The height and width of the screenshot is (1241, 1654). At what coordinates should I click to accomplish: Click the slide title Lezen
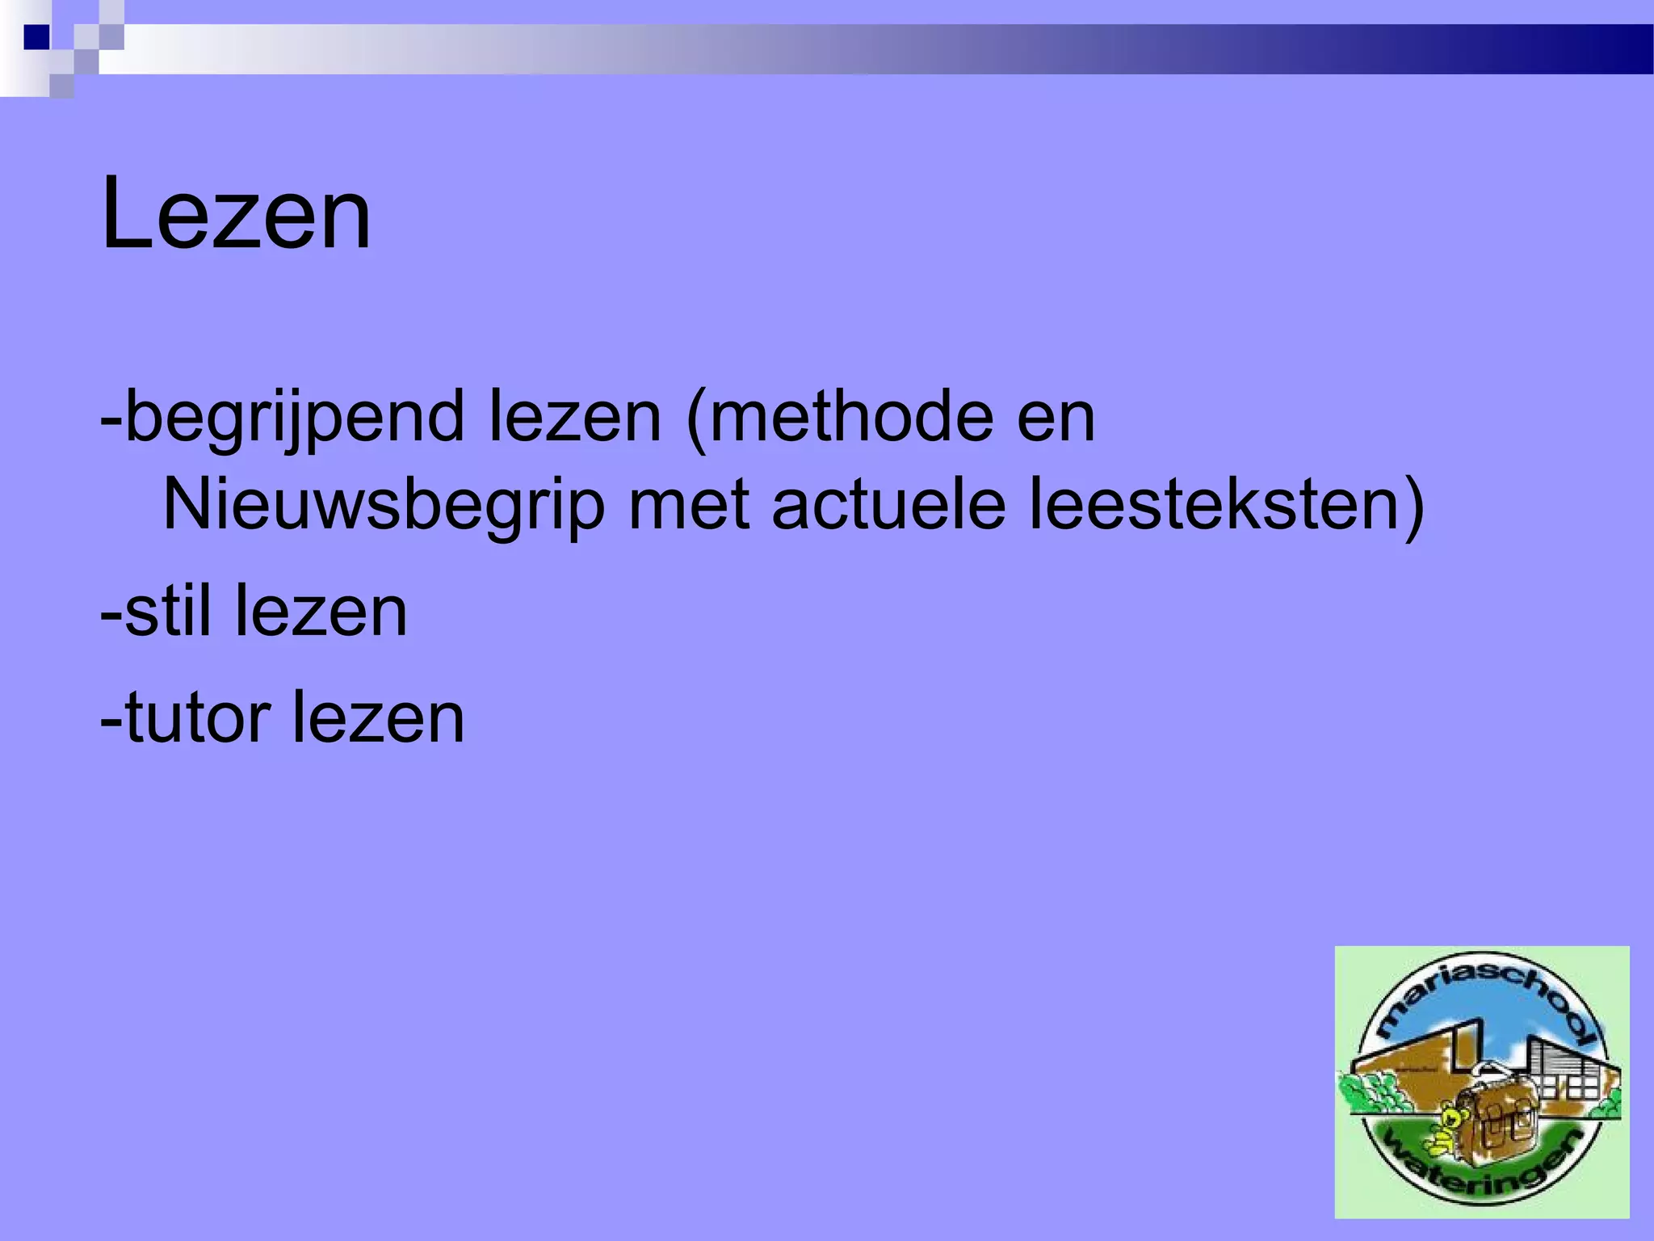[x=236, y=215]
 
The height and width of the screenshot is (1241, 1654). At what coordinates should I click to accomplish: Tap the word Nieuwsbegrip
[x=383, y=504]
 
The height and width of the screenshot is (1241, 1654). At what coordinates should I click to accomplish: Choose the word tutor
[x=199, y=717]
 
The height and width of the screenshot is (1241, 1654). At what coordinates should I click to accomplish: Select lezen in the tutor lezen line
[x=377, y=717]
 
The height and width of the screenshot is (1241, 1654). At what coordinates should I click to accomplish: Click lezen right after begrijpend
[x=575, y=417]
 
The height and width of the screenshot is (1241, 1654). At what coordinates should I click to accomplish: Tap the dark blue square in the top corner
[x=36, y=37]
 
